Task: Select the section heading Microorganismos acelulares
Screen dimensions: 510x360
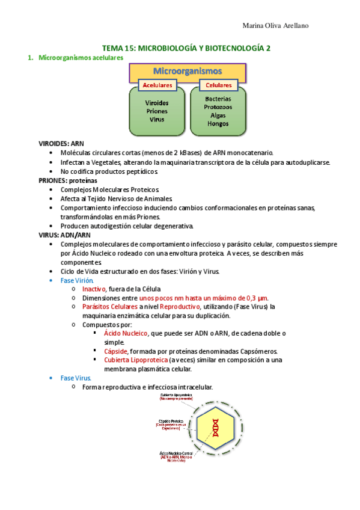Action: pos(81,58)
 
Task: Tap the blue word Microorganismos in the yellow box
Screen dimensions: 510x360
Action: pos(188,71)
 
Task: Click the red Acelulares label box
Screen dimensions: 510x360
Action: pos(157,85)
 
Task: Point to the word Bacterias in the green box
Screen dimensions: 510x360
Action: pos(218,99)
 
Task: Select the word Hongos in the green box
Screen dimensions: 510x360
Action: pos(218,123)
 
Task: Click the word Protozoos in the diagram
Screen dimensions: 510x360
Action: pos(218,107)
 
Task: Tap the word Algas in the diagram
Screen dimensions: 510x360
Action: pos(218,115)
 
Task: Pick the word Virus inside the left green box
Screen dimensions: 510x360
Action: pos(157,119)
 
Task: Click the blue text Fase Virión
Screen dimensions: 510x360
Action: pos(76,280)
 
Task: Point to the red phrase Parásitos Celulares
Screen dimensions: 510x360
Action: pos(109,306)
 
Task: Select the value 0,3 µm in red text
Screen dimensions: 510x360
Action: pos(254,298)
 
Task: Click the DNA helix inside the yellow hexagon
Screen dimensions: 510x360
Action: pos(214,426)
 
